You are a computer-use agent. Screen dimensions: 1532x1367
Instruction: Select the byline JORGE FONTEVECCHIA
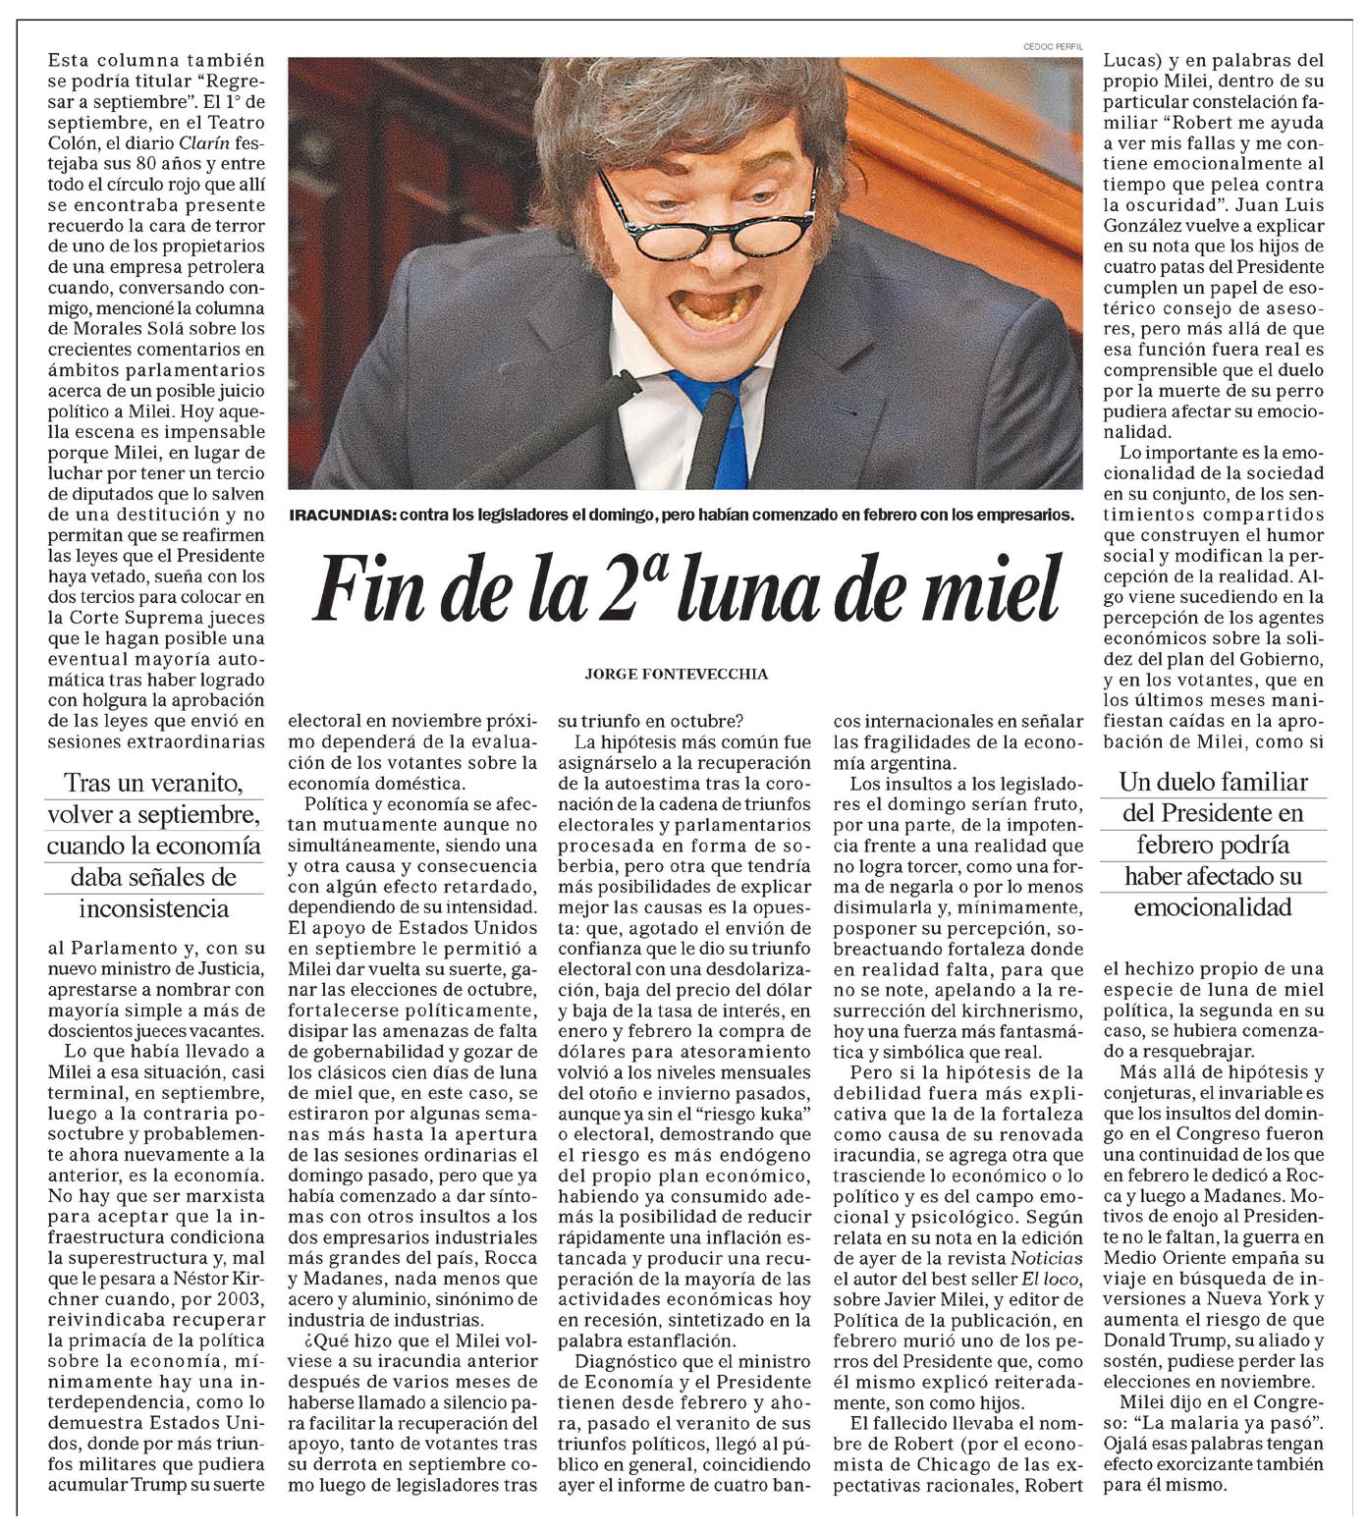pyautogui.click(x=676, y=674)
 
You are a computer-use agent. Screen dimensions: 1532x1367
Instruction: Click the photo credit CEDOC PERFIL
pyautogui.click(x=1052, y=46)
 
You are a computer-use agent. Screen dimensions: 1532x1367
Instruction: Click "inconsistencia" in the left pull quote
pyautogui.click(x=154, y=908)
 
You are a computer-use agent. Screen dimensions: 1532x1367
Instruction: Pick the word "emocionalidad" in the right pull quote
pyautogui.click(x=1213, y=907)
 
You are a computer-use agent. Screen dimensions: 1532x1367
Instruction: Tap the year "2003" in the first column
pyautogui.click(x=241, y=1299)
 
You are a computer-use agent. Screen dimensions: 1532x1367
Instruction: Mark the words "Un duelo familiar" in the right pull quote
pyautogui.click(x=1214, y=783)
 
